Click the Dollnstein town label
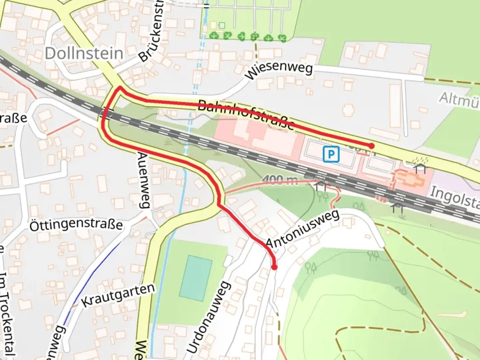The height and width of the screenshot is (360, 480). (x=84, y=53)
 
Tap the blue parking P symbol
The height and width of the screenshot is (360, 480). (x=331, y=154)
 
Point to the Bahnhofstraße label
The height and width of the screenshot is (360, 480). (x=246, y=114)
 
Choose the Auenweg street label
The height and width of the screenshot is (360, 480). (x=144, y=180)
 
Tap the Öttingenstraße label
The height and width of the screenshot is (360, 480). (x=76, y=224)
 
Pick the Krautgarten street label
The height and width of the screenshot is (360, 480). (x=118, y=295)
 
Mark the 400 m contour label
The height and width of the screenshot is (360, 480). (x=280, y=180)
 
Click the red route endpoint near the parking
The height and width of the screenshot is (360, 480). (x=371, y=146)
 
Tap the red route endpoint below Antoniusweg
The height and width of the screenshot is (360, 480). (x=274, y=267)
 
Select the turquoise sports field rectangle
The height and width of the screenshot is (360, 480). (x=196, y=278)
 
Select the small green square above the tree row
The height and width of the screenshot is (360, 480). (x=222, y=25)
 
